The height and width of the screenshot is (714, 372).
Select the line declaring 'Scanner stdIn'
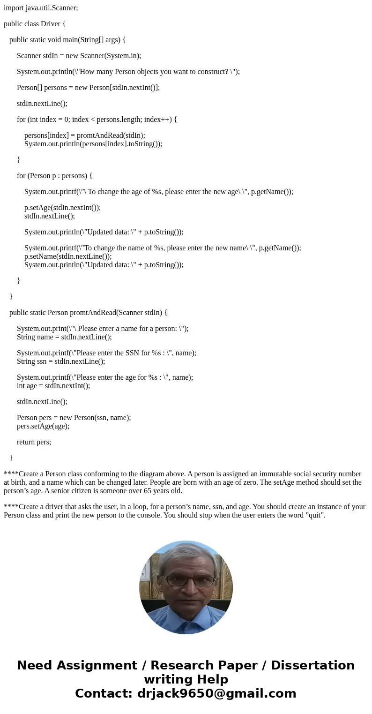coord(79,56)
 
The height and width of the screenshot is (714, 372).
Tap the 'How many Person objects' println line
coord(128,72)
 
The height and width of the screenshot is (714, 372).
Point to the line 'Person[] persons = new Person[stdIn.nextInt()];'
coord(88,88)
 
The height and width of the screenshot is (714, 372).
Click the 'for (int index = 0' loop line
coord(97,120)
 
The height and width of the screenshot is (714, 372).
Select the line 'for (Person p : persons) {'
coord(54,176)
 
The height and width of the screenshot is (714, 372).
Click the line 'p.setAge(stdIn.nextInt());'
coord(62,208)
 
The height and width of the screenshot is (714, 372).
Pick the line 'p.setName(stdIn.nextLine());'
coord(68,256)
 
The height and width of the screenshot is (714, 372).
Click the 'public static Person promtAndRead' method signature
coord(88,313)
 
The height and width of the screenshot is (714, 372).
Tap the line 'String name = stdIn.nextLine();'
coord(64,337)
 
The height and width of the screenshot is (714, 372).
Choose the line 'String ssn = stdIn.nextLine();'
coord(61,361)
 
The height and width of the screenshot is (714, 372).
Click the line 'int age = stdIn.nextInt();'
coord(53,386)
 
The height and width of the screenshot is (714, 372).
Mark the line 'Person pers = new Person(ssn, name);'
coord(74,418)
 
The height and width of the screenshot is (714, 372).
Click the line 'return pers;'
coord(34,442)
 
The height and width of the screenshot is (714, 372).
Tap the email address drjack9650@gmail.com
coord(216,694)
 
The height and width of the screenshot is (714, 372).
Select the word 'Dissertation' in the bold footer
coord(312,666)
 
